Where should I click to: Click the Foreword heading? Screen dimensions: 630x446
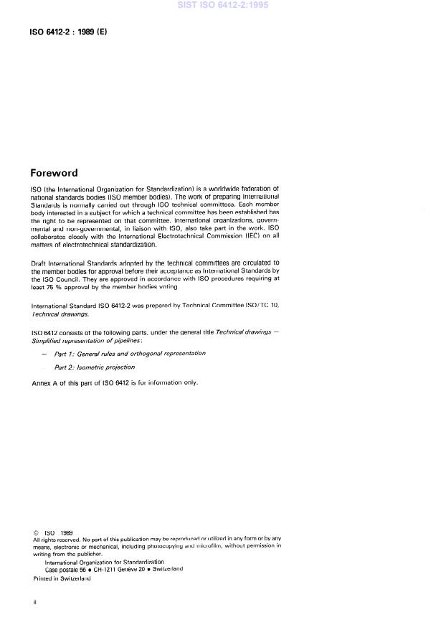pos(54,173)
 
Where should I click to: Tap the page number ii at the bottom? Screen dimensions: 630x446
pos(34,603)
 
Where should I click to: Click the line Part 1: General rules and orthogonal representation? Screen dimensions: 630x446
pos(130,353)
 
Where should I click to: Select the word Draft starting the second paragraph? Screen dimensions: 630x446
pos(39,263)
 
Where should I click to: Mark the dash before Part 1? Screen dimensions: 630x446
pos(45,353)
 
